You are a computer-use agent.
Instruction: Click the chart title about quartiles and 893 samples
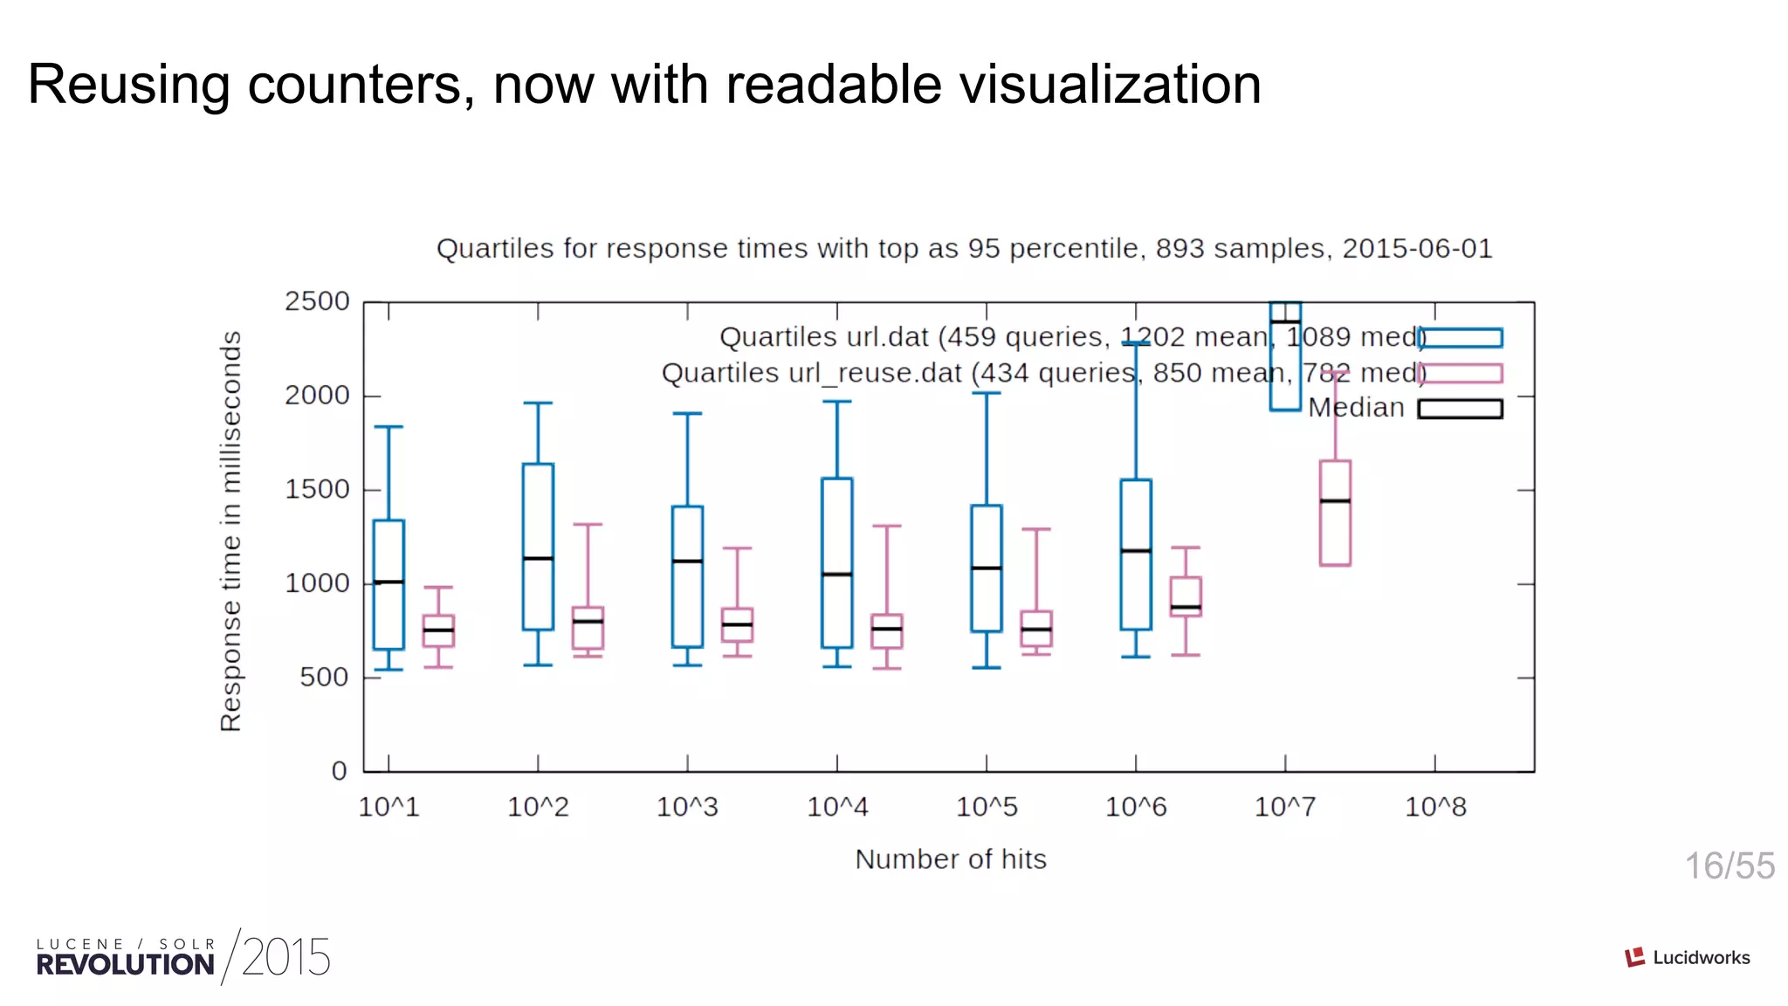[x=964, y=248]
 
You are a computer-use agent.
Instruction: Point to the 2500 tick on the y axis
[x=317, y=301]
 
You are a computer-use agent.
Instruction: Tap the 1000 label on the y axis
[x=317, y=583]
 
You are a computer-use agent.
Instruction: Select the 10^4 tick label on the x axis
[x=837, y=807]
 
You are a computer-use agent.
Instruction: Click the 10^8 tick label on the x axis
[x=1435, y=807]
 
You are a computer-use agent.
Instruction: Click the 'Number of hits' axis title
[x=951, y=859]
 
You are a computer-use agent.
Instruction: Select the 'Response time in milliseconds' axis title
[x=230, y=531]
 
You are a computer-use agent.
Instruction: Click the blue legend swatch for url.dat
[x=1461, y=338]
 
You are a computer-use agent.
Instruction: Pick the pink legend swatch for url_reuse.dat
[x=1461, y=374]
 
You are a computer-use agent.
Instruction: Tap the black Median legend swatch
[x=1461, y=409]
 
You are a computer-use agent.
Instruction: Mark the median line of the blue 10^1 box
[x=389, y=582]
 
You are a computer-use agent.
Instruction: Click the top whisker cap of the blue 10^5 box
[x=987, y=393]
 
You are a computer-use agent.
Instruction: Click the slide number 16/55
[x=1729, y=866]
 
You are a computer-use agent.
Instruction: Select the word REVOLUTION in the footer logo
[x=125, y=965]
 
